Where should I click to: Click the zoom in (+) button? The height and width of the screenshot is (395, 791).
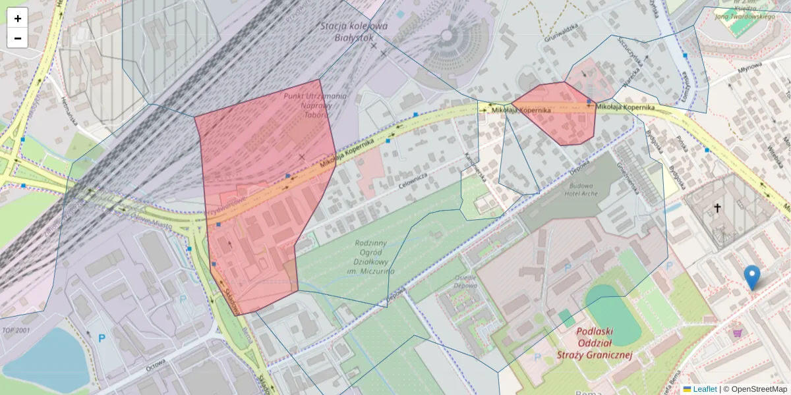[x=18, y=18]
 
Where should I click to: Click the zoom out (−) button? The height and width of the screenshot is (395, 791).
[x=18, y=38]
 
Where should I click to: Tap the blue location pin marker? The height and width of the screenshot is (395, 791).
[x=751, y=276]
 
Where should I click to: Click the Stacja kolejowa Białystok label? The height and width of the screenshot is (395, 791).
[x=354, y=32]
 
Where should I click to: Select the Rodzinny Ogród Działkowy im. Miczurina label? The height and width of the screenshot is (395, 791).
[x=374, y=257]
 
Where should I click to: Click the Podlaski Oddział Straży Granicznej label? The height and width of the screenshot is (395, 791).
[x=604, y=344]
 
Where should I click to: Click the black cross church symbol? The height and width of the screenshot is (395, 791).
[x=717, y=208]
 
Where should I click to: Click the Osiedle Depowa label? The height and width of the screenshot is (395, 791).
[x=466, y=282]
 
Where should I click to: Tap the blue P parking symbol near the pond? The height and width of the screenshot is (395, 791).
[x=102, y=338]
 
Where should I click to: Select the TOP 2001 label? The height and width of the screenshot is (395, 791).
[x=17, y=330]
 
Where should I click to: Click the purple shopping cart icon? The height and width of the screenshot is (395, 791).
[x=737, y=333]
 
